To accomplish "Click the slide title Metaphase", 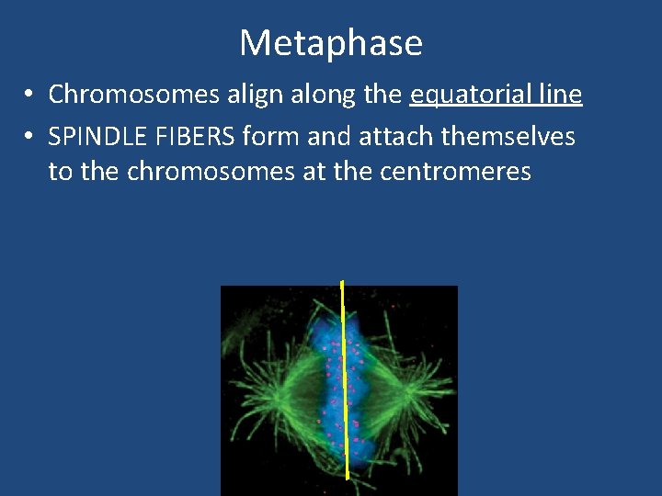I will (x=331, y=43).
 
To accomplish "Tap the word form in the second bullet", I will (x=271, y=138).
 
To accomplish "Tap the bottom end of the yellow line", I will (x=347, y=477).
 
